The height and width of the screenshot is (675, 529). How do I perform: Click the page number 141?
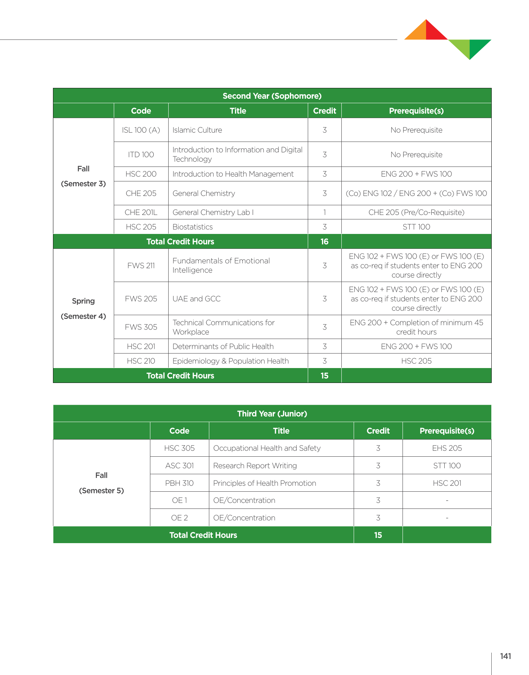pos(505,656)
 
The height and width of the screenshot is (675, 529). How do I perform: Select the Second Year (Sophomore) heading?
pos(272,96)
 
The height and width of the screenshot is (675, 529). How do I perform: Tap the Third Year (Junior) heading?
pos(272,413)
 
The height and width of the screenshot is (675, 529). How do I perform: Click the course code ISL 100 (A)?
pos(141,130)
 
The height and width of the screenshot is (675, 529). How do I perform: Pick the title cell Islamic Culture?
pos(197,130)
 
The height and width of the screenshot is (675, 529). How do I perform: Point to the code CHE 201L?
pos(141,212)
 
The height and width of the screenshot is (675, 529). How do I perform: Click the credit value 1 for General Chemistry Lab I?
pos(325,212)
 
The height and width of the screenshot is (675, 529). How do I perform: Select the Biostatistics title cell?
pos(192,227)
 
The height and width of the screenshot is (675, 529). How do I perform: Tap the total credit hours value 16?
pos(325,241)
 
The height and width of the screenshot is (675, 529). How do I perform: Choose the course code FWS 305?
pos(141,327)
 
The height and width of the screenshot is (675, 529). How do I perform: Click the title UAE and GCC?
pos(196,299)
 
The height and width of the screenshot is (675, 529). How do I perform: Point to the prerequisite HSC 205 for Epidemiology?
pos(416,361)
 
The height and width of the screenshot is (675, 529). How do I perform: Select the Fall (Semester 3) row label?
pos(84,176)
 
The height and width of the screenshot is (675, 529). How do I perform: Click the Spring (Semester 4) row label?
pos(84,308)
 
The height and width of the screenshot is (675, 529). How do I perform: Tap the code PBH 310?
pos(179,483)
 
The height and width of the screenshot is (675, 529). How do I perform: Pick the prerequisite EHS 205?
pos(447,448)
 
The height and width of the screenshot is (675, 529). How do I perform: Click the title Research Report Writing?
pos(255,466)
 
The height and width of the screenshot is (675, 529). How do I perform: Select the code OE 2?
pos(179,518)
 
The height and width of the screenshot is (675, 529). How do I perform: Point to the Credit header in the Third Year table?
pos(378,431)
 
